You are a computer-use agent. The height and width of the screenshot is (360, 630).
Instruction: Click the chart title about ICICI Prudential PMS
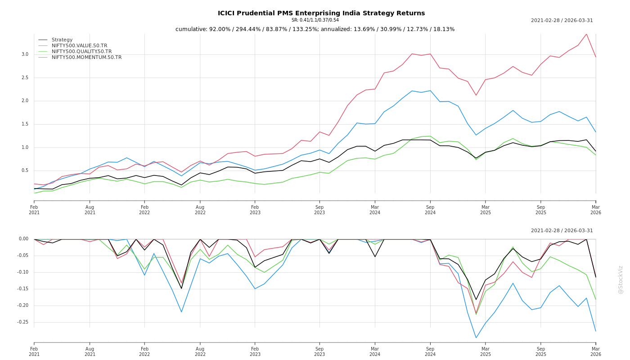pos(321,13)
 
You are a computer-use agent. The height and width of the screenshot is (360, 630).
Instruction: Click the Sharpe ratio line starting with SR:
pos(315,20)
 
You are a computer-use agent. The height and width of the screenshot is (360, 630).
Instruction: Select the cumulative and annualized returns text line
pos(315,29)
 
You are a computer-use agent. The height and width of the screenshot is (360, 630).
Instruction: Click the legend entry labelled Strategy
pos(62,40)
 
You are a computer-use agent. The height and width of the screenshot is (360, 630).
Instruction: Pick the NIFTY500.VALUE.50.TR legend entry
pos(79,46)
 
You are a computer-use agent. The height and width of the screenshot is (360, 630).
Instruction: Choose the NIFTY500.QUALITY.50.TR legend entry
pos(81,52)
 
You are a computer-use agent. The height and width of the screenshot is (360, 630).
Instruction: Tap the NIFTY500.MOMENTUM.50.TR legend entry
pos(86,58)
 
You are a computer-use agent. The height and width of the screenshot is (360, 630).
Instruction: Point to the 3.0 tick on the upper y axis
pos(25,54)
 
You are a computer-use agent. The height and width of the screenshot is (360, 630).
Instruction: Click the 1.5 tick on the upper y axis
pos(25,124)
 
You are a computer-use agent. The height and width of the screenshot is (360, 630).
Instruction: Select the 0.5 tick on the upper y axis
pos(25,171)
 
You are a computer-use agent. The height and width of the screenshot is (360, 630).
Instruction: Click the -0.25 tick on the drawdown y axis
pos(23,322)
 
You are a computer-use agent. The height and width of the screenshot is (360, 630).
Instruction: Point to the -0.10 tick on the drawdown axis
pos(23,272)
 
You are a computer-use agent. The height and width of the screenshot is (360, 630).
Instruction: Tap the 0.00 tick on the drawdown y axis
pos(24,239)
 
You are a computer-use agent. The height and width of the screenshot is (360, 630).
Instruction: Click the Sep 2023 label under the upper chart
pos(319,210)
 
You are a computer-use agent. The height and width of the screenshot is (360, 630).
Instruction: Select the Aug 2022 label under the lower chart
pos(200,351)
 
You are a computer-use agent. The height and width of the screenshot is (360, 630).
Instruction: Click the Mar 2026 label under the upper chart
pos(596,210)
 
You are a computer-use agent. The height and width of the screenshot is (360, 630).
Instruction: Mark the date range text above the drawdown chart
pos(562,231)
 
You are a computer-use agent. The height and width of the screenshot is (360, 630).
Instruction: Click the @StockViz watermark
pos(621,279)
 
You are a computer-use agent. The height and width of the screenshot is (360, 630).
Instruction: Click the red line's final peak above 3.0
pos(586,34)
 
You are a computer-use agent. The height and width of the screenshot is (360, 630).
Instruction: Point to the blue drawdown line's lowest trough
pos(476,337)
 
